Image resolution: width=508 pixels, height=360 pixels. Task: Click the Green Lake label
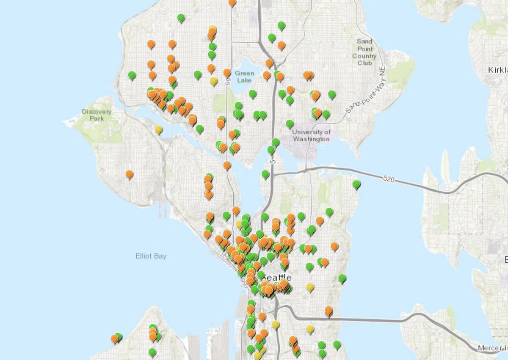(245, 77)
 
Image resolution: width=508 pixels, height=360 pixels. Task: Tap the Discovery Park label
(97, 115)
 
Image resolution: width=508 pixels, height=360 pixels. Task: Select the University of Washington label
(311, 135)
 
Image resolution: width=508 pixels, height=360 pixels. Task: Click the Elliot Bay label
(151, 256)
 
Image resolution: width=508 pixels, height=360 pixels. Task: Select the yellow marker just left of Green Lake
(214, 80)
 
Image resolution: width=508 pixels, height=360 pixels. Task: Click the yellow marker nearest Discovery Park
(158, 129)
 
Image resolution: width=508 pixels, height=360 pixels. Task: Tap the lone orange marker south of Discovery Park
(129, 173)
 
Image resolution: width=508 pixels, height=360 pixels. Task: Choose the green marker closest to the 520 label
(356, 184)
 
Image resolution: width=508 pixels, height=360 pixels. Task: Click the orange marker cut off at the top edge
(232, 2)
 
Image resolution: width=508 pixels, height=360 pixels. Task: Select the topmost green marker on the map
(181, 17)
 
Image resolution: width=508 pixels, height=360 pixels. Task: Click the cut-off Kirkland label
(497, 69)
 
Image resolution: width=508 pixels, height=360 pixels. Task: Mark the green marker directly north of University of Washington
(290, 124)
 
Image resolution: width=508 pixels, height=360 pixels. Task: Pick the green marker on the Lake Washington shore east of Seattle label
(342, 278)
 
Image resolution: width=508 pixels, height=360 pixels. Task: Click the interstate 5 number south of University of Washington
(273, 162)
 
